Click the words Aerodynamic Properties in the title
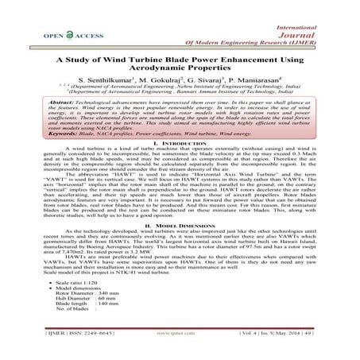pos(180,69)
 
